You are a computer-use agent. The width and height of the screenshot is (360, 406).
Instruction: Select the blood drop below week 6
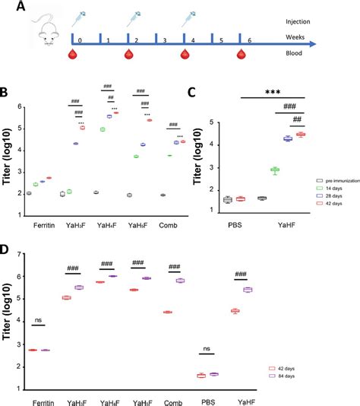pyautogui.click(x=241, y=55)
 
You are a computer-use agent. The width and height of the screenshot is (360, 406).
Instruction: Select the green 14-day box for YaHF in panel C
pyautogui.click(x=275, y=170)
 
